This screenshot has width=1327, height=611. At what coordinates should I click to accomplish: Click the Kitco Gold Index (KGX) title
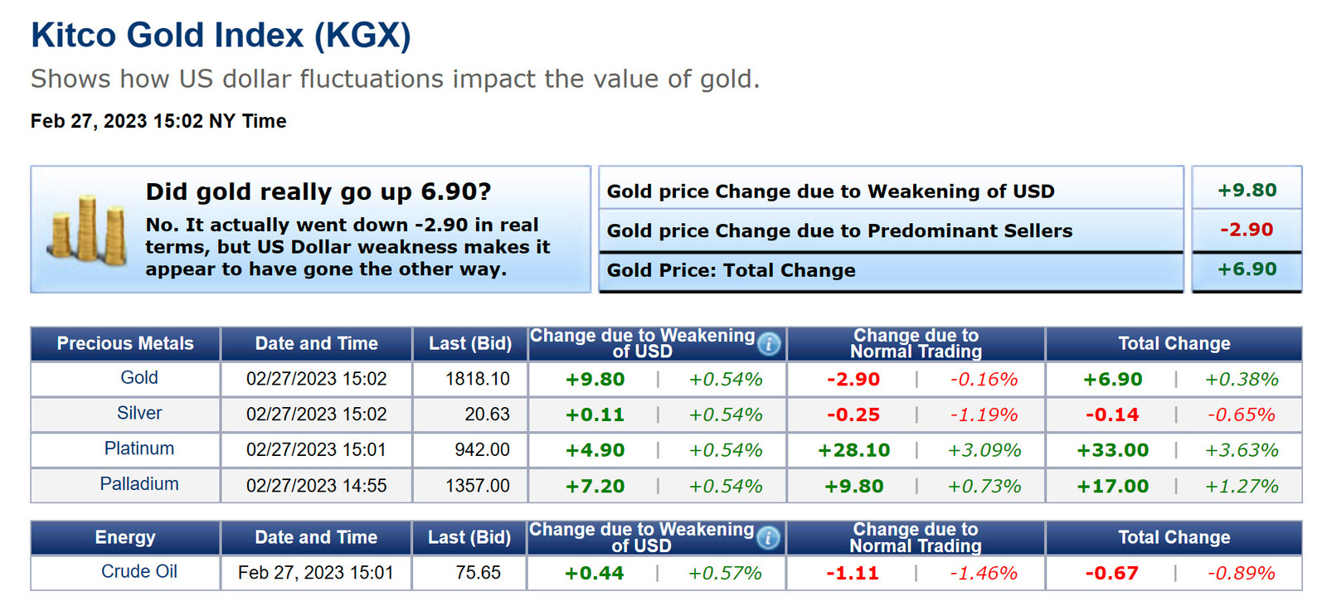(221, 36)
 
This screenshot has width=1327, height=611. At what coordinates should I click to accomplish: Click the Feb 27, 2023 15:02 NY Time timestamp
(158, 121)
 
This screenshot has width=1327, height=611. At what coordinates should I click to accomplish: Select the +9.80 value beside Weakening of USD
(1247, 190)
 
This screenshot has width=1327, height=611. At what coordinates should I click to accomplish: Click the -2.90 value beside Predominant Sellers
(1247, 230)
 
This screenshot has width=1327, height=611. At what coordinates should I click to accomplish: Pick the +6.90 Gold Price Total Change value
(1247, 269)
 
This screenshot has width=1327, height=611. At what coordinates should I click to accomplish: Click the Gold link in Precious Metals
(139, 378)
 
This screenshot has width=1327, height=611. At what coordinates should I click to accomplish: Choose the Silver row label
(139, 413)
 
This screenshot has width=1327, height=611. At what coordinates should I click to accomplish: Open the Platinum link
(139, 449)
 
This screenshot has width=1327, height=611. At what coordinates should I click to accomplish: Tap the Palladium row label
(139, 484)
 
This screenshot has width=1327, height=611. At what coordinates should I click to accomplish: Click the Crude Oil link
(139, 572)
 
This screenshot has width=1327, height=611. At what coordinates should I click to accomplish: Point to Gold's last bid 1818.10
(477, 379)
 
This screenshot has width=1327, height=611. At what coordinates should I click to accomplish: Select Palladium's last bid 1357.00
(477, 486)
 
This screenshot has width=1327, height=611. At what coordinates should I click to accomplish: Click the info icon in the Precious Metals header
(769, 343)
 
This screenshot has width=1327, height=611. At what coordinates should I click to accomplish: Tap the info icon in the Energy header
(768, 537)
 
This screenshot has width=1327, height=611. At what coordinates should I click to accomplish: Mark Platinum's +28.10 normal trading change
(853, 450)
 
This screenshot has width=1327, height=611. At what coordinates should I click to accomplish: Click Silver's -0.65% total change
(1241, 415)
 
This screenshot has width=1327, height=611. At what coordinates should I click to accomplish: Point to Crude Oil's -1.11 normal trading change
(852, 573)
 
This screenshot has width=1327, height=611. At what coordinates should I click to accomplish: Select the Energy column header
(125, 537)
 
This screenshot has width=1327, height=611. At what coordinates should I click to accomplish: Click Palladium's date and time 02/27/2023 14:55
(316, 486)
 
